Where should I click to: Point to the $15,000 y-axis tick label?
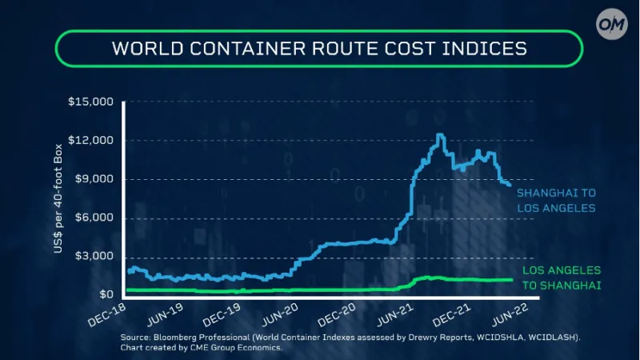coord(92,102)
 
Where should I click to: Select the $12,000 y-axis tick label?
coord(92,141)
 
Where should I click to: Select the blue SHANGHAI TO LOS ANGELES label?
coord(557,201)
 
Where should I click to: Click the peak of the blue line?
coord(440,135)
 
